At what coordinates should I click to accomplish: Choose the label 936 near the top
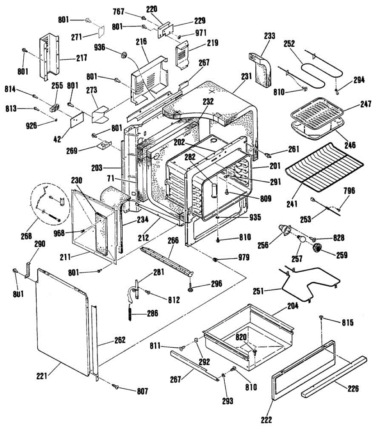tap(99, 47)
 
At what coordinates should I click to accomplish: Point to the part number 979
tap(244, 257)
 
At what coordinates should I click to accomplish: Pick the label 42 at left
tap(57, 139)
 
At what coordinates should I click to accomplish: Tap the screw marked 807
tap(116, 386)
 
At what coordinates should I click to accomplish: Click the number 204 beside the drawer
tap(292, 305)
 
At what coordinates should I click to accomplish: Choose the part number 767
tap(119, 12)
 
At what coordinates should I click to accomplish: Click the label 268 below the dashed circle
tap(26, 236)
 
